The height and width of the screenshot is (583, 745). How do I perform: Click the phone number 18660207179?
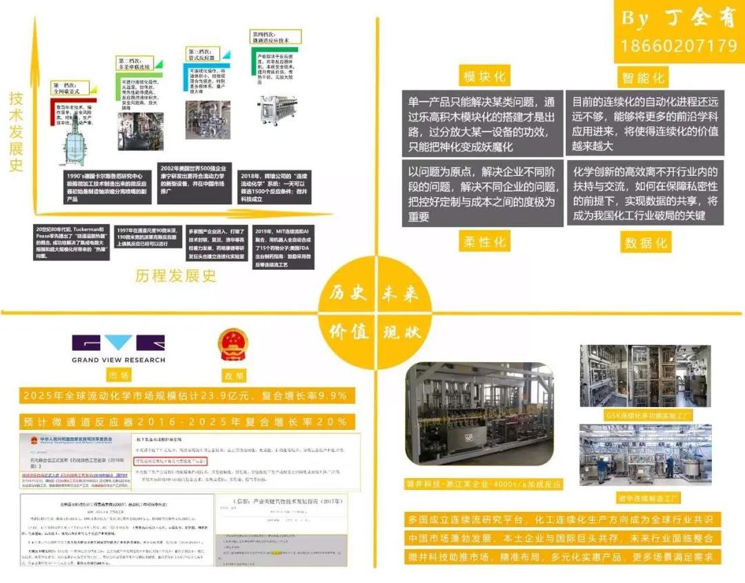pyautogui.click(x=679, y=46)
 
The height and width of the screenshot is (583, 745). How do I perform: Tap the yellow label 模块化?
pyautogui.click(x=484, y=75)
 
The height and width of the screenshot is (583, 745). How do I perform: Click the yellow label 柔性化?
pyautogui.click(x=484, y=241)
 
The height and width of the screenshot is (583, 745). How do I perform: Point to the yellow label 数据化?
pyautogui.click(x=646, y=243)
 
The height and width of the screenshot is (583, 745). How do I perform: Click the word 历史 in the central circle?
pyautogui.click(x=348, y=294)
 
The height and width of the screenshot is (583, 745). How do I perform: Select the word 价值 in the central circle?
pyautogui.click(x=348, y=332)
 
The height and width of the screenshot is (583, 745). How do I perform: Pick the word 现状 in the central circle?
pyautogui.click(x=401, y=332)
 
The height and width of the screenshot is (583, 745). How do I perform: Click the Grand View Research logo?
pyautogui.click(x=119, y=349)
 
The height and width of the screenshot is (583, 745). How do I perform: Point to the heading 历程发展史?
pyautogui.click(x=176, y=275)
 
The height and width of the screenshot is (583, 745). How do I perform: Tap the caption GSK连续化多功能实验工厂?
pyautogui.click(x=639, y=415)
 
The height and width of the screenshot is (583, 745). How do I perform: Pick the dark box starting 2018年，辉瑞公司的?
pyautogui.click(x=274, y=186)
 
